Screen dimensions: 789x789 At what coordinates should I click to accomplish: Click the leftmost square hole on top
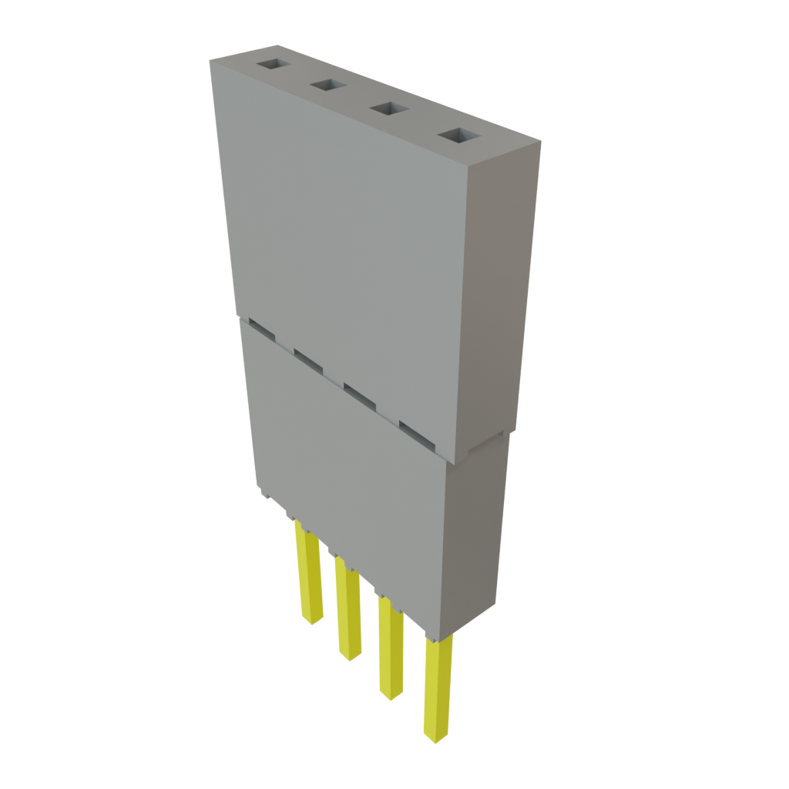coord(271,65)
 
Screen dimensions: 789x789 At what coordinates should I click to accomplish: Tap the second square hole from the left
coord(327,86)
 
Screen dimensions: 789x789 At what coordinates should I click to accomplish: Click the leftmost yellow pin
coord(310,574)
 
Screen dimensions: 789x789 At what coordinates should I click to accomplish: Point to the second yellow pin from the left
coord(348,613)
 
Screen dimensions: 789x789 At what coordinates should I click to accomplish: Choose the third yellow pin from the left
coord(390,651)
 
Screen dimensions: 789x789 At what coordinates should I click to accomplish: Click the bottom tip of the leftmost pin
coord(311,621)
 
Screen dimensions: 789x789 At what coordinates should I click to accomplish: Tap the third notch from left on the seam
coord(358,393)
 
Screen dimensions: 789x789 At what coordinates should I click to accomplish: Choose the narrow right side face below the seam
coord(478,532)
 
